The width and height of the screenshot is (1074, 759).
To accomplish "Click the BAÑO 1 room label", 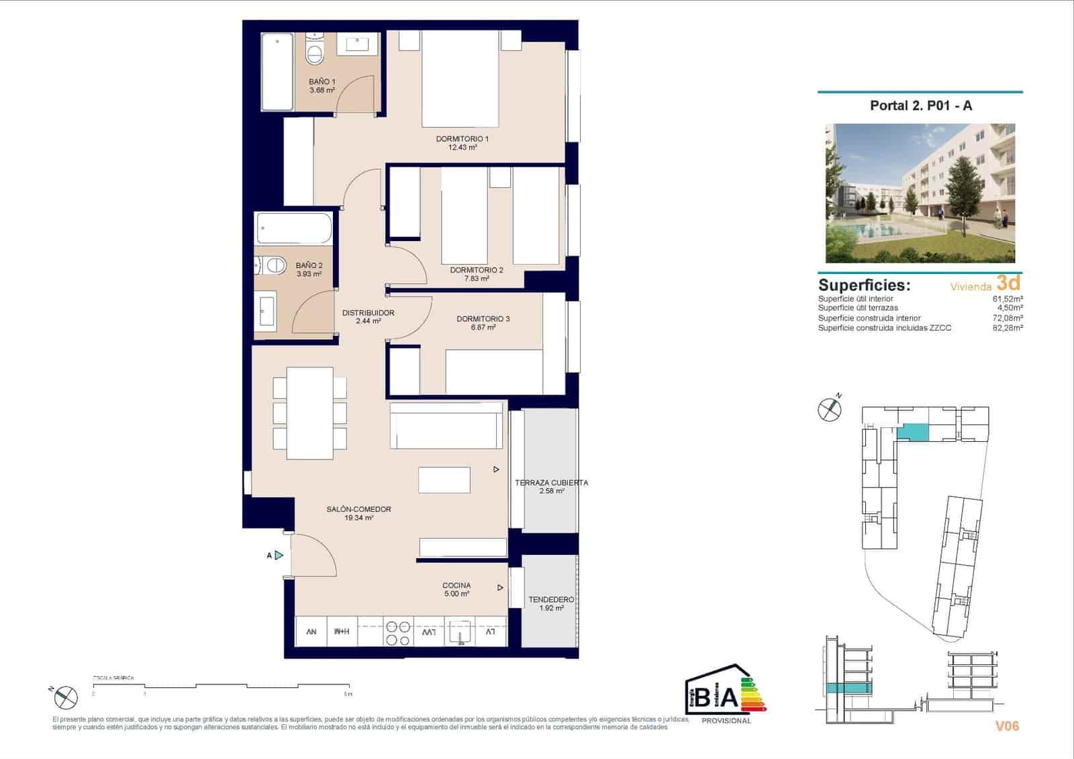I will [x=322, y=82].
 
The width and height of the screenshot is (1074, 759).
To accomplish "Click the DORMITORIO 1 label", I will [x=462, y=139].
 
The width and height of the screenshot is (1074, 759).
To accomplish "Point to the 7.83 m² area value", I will [x=477, y=279].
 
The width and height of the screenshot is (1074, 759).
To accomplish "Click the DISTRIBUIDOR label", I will [x=368, y=313].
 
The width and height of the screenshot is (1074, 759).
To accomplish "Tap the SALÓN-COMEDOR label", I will [x=358, y=509].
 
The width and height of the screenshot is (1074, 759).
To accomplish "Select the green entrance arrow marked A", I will [x=279, y=555].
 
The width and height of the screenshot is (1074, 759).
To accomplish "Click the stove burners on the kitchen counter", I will [x=397, y=632].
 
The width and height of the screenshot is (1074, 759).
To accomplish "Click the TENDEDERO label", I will [x=551, y=600].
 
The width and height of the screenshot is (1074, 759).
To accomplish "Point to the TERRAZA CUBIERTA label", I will [x=551, y=483].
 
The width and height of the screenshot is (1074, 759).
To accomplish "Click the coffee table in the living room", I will [x=444, y=480].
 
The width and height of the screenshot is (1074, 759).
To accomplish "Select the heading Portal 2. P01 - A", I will [x=920, y=105].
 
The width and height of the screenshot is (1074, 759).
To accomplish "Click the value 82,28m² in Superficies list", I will [x=1007, y=328].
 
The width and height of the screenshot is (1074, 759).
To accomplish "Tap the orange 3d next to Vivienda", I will [x=1008, y=283].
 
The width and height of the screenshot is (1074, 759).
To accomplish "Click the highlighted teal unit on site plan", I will [x=914, y=433].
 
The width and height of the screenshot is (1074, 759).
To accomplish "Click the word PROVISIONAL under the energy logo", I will [x=726, y=721].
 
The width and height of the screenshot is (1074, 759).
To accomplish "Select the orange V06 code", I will [x=1007, y=725].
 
